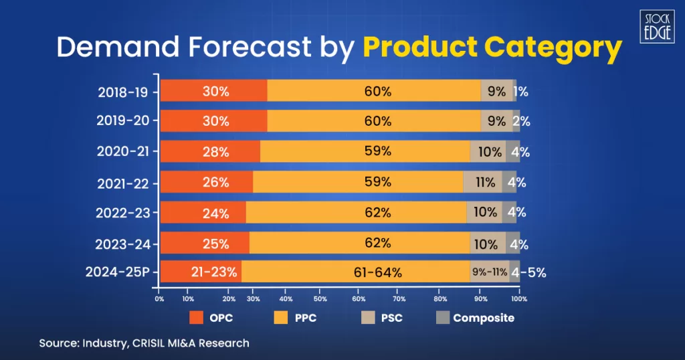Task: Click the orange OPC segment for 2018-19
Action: (x=214, y=91)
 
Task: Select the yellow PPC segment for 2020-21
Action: (x=365, y=151)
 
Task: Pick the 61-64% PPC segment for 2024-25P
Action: (x=355, y=272)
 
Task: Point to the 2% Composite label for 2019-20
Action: (x=522, y=121)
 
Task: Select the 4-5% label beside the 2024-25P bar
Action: (x=528, y=272)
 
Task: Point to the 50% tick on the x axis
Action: (x=320, y=298)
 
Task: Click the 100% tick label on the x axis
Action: (x=519, y=298)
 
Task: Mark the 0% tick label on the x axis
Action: (x=159, y=298)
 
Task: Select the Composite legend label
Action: (x=484, y=318)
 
